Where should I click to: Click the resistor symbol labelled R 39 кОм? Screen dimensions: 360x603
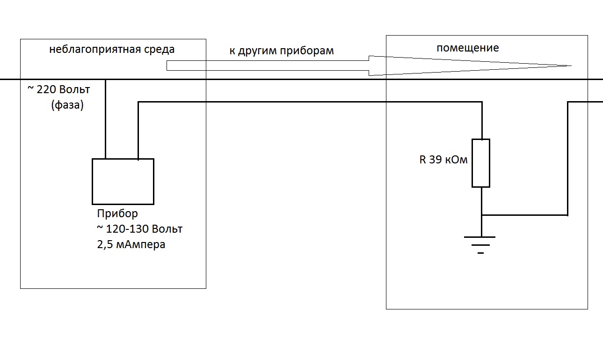pos(481,163)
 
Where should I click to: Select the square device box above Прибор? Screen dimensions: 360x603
pos(123,181)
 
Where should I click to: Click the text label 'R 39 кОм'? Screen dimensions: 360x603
pos(443,160)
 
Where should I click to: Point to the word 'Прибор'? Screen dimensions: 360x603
pos(117,214)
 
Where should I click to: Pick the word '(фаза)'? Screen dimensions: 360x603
pos(67,106)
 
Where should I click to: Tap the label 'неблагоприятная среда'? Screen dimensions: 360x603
pos(112,50)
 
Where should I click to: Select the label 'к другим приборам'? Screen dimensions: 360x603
pos(282,51)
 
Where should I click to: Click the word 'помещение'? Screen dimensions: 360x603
pos(468,48)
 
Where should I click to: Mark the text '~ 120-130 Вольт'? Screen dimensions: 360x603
pos(139,229)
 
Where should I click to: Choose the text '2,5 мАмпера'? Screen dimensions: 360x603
pos(131,244)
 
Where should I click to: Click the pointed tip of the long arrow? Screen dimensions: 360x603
pos(570,66)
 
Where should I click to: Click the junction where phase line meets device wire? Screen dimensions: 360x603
pos(106,80)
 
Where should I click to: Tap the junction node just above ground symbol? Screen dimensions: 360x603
pos(481,215)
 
